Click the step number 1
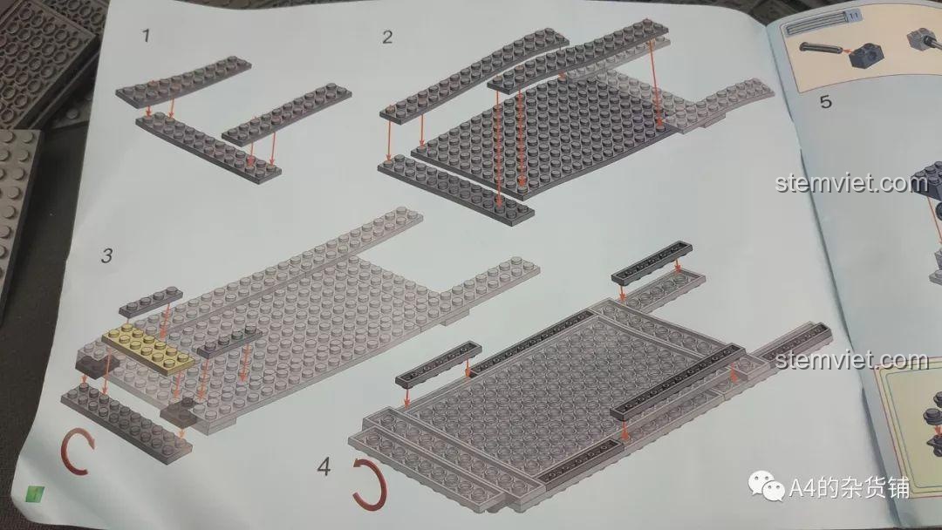[x=147, y=36]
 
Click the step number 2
[x=387, y=37]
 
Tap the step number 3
[x=106, y=255]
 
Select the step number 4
[x=324, y=467]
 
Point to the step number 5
[x=824, y=103]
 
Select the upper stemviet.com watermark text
[x=850, y=184]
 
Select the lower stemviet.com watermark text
[x=850, y=360]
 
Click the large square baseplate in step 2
[x=541, y=131]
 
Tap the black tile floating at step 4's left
[x=438, y=364]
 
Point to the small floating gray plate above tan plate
[x=152, y=300]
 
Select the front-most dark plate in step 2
[x=467, y=189]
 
